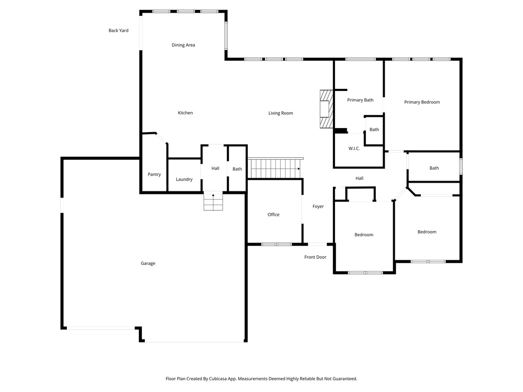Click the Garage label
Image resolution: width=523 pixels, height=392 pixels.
tap(148, 263)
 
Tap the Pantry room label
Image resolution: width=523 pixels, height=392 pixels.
tap(154, 175)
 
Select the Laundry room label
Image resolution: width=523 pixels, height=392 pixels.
tap(184, 179)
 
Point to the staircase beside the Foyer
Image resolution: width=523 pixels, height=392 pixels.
tap(274, 168)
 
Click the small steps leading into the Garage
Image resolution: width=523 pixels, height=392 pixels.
tap(213, 201)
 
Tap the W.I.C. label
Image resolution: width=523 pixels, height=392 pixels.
tap(354, 149)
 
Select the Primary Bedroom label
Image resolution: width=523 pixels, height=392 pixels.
tap(422, 102)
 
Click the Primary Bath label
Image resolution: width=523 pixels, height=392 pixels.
tap(360, 100)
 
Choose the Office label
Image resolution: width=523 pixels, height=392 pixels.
tap(274, 214)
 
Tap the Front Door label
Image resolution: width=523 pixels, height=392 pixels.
tap(315, 257)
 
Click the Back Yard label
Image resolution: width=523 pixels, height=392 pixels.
tap(118, 31)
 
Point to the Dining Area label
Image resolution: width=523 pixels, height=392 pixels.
tap(183, 45)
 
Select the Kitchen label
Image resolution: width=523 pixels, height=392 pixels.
tap(185, 113)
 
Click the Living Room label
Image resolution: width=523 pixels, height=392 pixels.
tap(281, 113)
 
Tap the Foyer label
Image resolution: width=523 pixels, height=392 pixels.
tap(318, 207)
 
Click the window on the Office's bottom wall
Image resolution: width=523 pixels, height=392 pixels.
tap(276, 244)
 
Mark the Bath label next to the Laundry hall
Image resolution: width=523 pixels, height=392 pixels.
tap(237, 169)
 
